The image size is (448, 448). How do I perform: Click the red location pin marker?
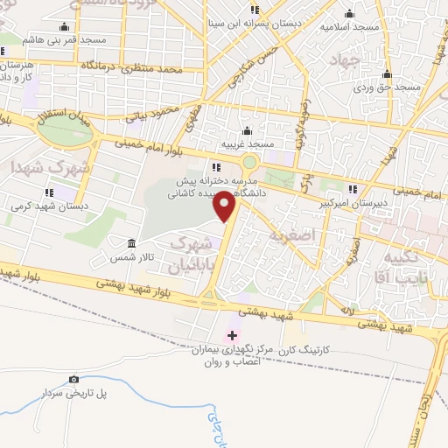point(226,206)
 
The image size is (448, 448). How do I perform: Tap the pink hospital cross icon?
point(232,335)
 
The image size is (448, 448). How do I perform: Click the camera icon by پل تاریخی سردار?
point(73,379)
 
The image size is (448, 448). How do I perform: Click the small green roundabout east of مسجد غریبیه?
point(250,162)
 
